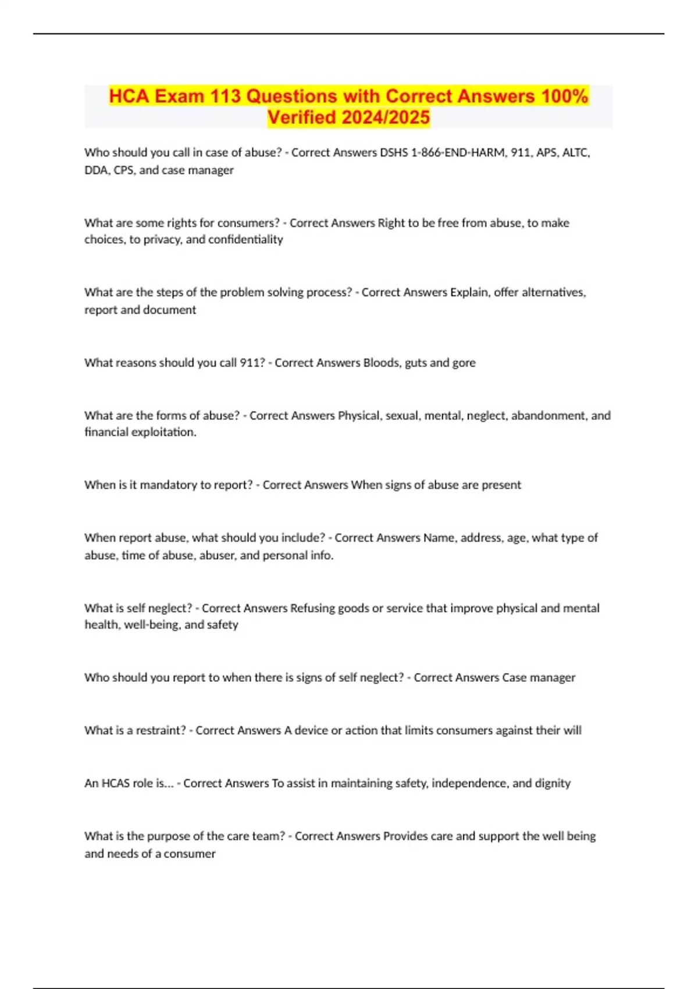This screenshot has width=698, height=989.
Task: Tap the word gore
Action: click(x=464, y=362)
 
